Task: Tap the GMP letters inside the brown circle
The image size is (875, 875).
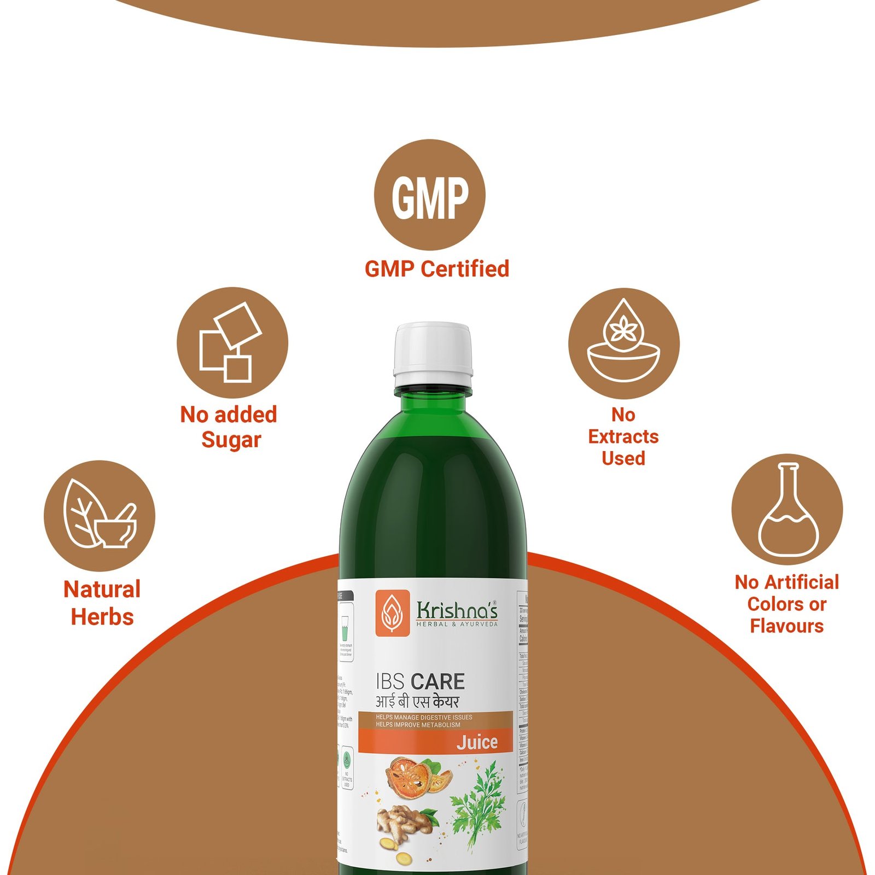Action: tap(430, 197)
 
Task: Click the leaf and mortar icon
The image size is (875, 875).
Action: tap(100, 515)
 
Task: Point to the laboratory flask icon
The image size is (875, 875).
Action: tap(787, 510)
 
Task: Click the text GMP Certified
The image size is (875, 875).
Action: tap(436, 269)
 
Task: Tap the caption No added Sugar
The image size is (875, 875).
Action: tap(230, 427)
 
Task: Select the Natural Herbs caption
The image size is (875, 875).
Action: tap(102, 603)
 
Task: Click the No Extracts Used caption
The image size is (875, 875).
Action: tap(623, 436)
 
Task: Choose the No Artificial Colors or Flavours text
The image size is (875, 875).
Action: tap(786, 604)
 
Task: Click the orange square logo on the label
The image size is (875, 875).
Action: tap(392, 612)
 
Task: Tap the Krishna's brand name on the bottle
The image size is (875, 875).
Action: tap(457, 610)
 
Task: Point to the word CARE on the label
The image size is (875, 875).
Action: tap(438, 682)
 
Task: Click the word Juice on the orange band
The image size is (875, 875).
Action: tap(477, 742)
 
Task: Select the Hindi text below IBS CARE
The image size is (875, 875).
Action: tap(417, 702)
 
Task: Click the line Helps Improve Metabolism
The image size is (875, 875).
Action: tap(418, 725)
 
